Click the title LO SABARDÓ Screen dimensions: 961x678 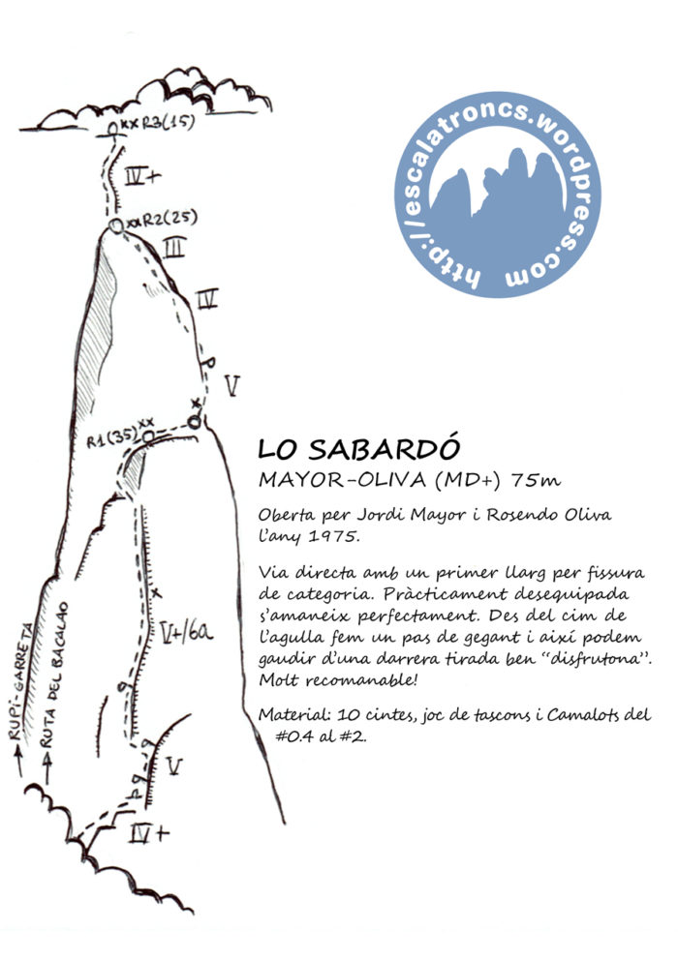[360, 450]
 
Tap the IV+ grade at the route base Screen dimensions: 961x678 [149, 833]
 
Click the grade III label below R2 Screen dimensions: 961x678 [173, 252]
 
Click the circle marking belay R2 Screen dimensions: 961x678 [117, 225]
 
